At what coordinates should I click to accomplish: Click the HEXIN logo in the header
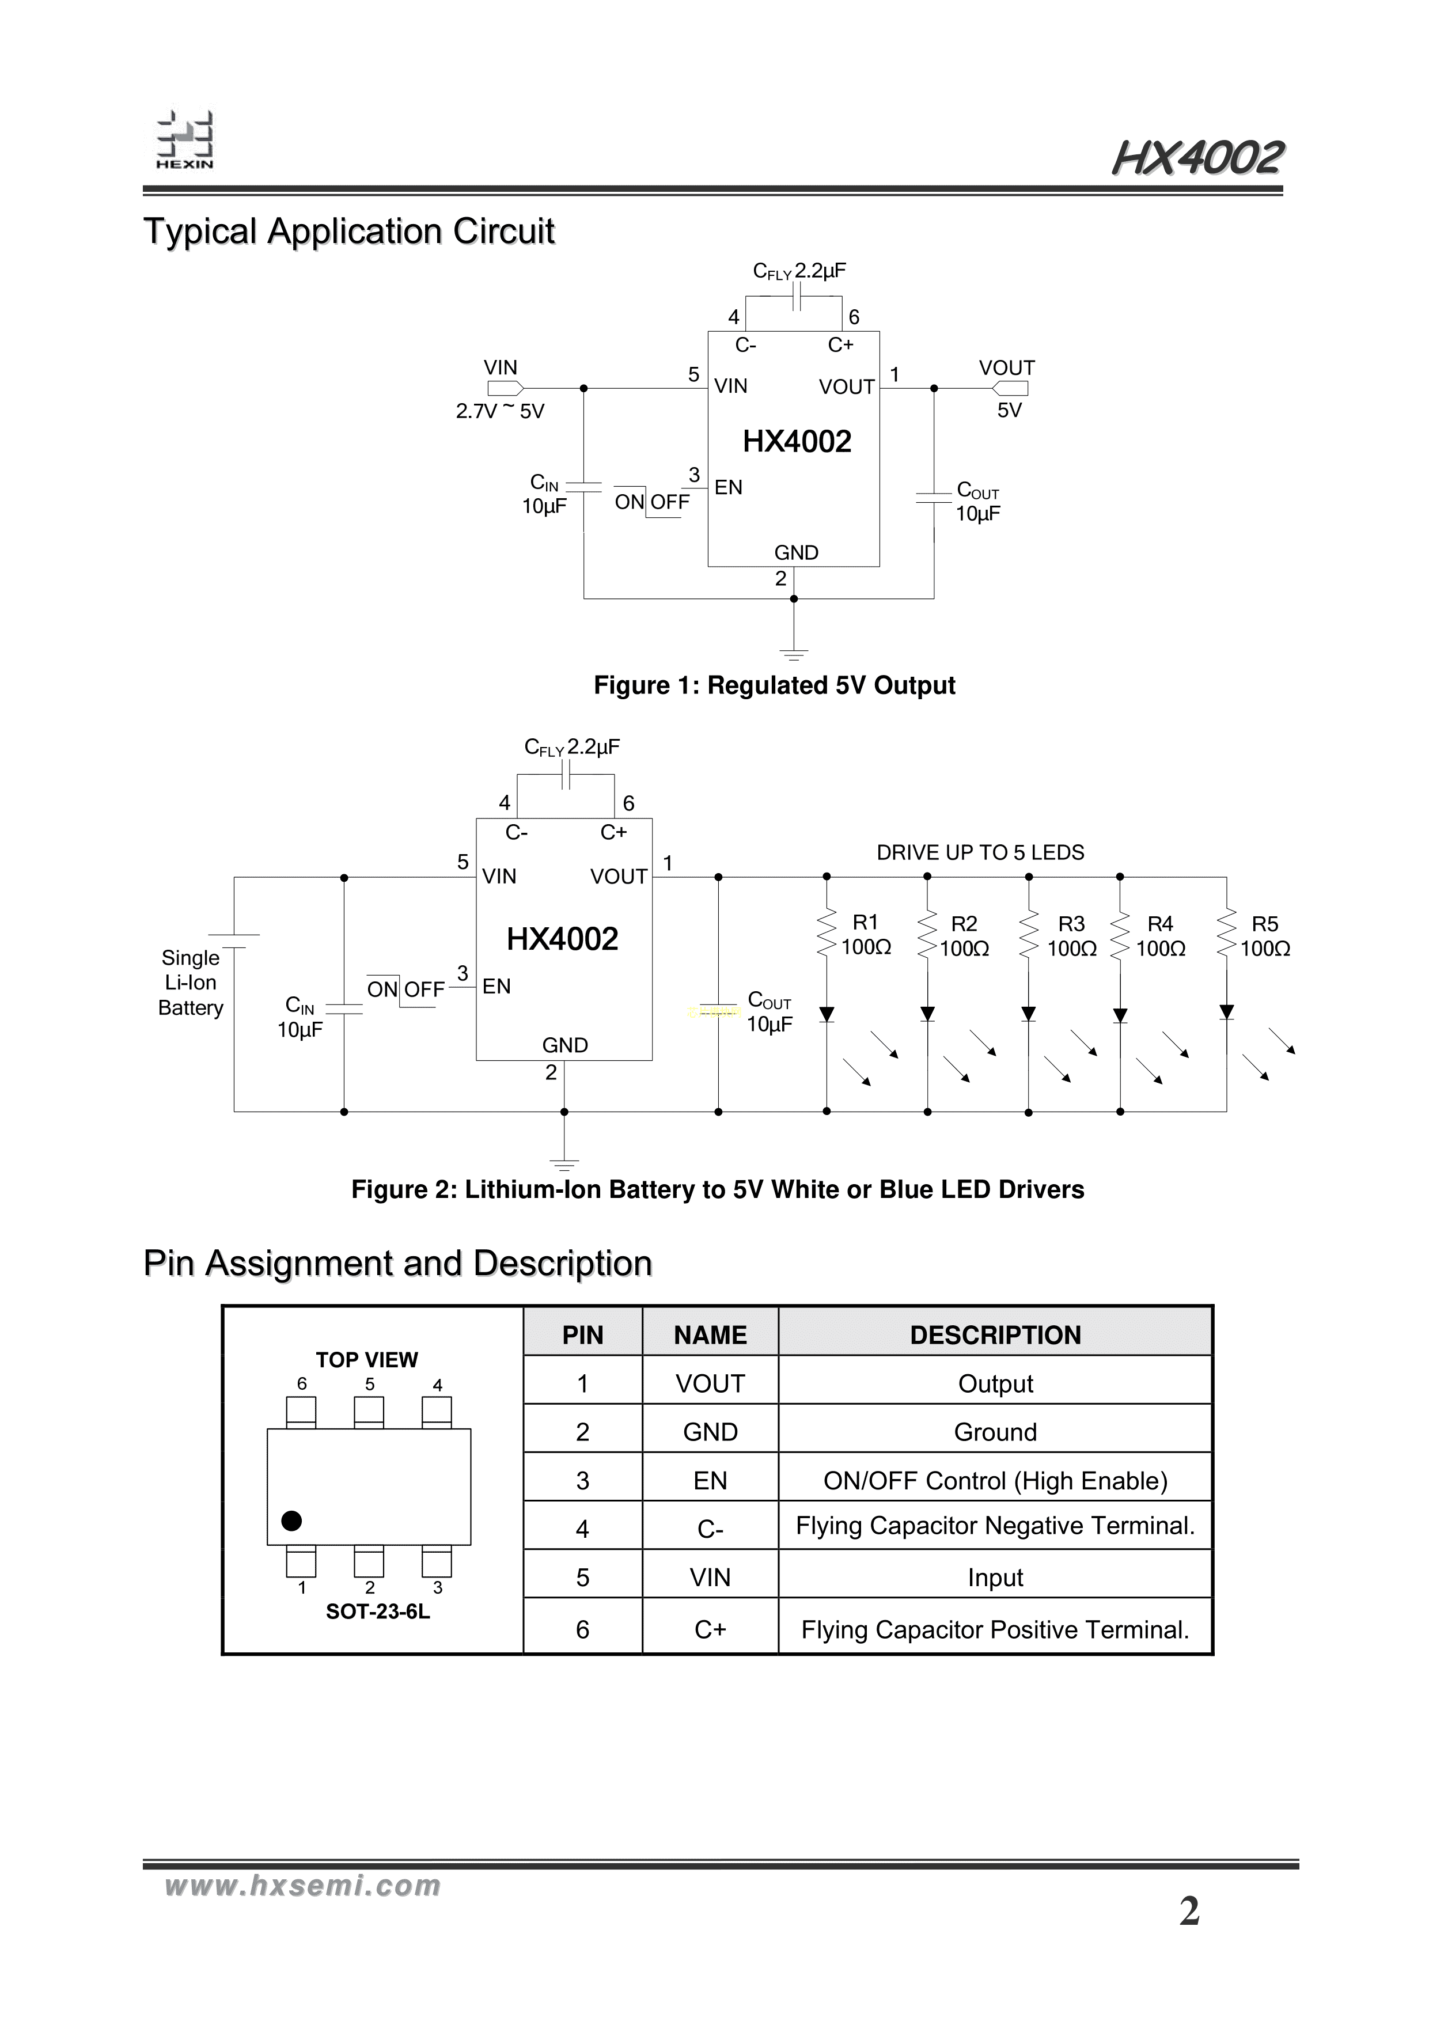coord(185,141)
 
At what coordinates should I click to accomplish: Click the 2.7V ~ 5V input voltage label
coord(499,411)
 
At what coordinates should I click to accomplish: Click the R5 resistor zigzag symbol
coord(1226,934)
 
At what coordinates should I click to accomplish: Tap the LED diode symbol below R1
coord(826,1015)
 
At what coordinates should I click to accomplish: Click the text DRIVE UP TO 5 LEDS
coord(980,852)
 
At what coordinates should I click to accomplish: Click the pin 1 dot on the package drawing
coord(291,1520)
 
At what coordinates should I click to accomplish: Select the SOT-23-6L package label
coord(378,1612)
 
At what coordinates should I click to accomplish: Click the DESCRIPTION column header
coord(995,1335)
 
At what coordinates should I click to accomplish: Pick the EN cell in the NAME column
coord(710,1481)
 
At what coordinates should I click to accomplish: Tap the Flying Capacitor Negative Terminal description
coord(995,1526)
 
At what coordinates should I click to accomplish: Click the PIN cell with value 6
coord(582,1629)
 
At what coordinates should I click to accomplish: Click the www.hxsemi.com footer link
coord(303,1886)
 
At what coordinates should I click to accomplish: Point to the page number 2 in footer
coord(1189,1912)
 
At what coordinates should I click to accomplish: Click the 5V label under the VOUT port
coord(1009,411)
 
